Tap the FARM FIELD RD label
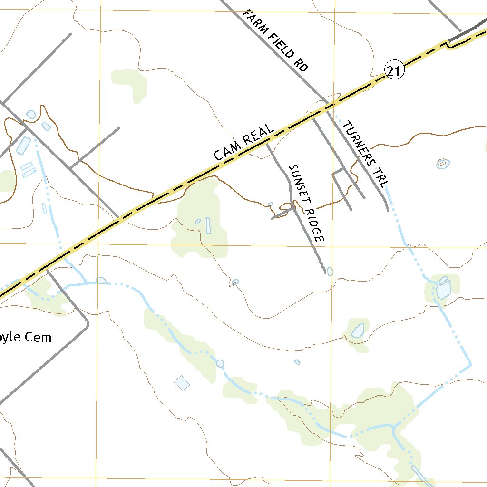point(275,40)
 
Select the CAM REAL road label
point(244,142)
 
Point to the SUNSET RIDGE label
point(306,203)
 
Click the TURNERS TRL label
point(366,154)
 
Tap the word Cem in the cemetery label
point(38,338)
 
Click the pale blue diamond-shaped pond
point(182,382)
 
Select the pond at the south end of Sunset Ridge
point(330,272)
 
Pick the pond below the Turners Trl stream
point(443,288)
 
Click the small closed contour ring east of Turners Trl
point(443,163)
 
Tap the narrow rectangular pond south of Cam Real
point(208,225)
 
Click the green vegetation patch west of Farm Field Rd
point(129,83)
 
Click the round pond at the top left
point(31,114)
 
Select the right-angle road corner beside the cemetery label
point(88,323)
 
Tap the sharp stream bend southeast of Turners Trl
point(470,364)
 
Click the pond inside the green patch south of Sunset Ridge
point(358,330)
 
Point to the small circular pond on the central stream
point(220,364)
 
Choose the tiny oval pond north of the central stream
point(297,362)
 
